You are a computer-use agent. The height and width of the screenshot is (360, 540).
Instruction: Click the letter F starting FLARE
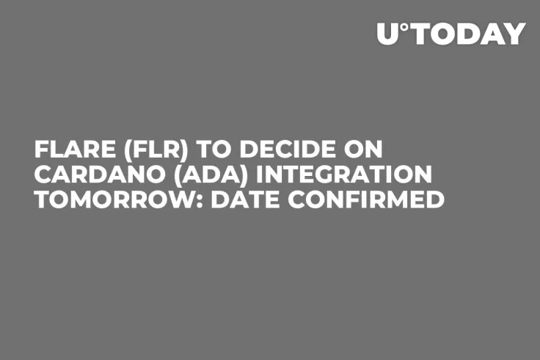pos(41,151)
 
